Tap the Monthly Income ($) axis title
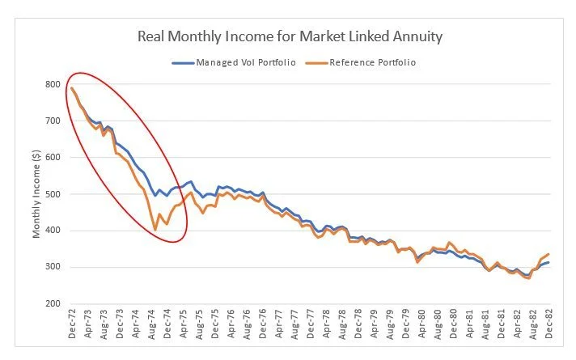click(x=36, y=194)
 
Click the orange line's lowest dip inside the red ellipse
click(x=155, y=231)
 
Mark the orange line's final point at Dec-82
click(x=548, y=254)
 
